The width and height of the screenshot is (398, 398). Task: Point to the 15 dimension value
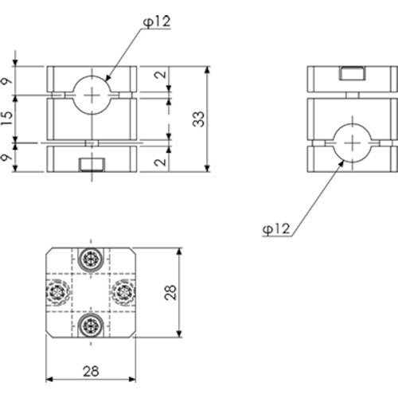pos(7,119)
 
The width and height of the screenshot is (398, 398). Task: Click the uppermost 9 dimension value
pos(7,80)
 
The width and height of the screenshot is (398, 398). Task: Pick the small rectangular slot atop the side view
pos(349,74)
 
